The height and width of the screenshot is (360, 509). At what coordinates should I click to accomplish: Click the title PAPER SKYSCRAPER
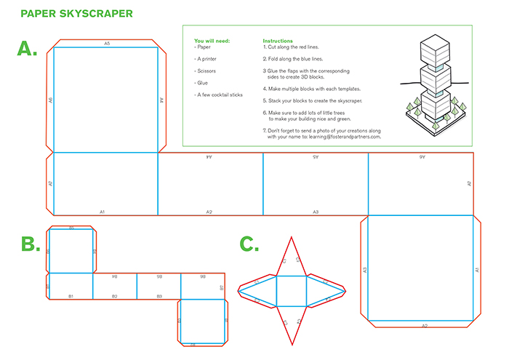pyautogui.click(x=76, y=14)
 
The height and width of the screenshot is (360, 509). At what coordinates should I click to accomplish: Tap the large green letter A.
pyautogui.click(x=27, y=49)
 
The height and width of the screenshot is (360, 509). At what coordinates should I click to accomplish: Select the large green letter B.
pyautogui.click(x=30, y=244)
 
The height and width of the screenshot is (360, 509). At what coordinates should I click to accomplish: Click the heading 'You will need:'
pyautogui.click(x=212, y=41)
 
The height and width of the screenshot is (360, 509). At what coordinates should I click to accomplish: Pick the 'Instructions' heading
pyautogui.click(x=278, y=41)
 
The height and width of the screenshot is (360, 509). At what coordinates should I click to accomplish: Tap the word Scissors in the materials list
pyautogui.click(x=207, y=71)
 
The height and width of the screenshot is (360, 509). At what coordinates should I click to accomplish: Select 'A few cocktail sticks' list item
pyautogui.click(x=219, y=95)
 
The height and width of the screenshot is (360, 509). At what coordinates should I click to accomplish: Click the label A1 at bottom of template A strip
pyautogui.click(x=103, y=212)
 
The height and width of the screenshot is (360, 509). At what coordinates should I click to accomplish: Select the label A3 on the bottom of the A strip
pyautogui.click(x=316, y=212)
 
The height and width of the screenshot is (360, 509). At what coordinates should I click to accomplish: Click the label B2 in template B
pyautogui.click(x=114, y=296)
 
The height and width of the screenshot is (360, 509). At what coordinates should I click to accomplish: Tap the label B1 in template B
pyautogui.click(x=71, y=296)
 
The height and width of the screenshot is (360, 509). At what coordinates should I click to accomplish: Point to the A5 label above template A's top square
pyautogui.click(x=107, y=44)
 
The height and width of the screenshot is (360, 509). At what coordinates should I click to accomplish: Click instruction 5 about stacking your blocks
pyautogui.click(x=312, y=100)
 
